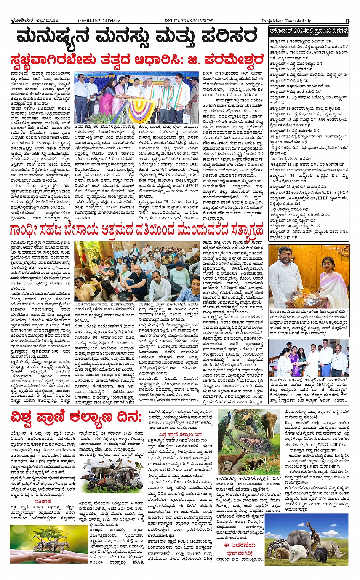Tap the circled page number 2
(x=347, y=21)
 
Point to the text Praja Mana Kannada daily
(x=286, y=21)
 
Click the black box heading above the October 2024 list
(x=309, y=31)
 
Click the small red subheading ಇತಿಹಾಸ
(x=43, y=502)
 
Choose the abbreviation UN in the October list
(x=322, y=119)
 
